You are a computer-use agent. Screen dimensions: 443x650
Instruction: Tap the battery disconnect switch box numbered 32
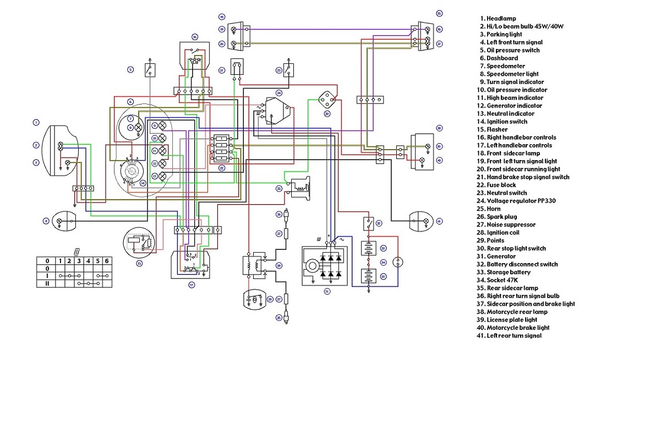point(368,223)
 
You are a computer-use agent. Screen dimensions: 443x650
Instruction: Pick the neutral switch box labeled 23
point(288,70)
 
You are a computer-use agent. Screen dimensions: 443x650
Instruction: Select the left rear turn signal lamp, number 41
point(421,221)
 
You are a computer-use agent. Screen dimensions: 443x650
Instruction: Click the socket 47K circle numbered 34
point(398,262)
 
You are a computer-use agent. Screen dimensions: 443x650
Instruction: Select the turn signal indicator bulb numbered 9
point(155,125)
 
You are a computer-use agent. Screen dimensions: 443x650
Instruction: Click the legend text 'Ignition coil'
point(502,233)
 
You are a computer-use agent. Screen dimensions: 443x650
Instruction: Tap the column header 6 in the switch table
point(107,260)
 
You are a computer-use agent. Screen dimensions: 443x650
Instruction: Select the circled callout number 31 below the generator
point(326,291)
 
